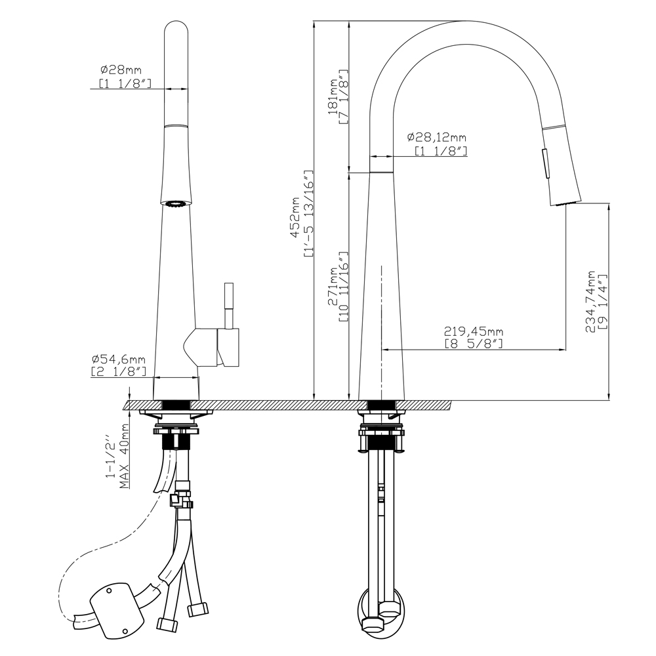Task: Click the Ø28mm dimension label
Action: [121, 69]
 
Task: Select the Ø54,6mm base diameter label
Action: [118, 359]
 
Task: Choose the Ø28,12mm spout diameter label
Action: [437, 137]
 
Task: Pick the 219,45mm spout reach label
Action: [474, 332]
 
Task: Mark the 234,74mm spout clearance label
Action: [591, 302]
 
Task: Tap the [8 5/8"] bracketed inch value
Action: [474, 344]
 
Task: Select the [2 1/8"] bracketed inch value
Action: [118, 371]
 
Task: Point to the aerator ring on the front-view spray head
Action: [176, 205]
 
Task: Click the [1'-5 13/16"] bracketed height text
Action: [309, 214]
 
